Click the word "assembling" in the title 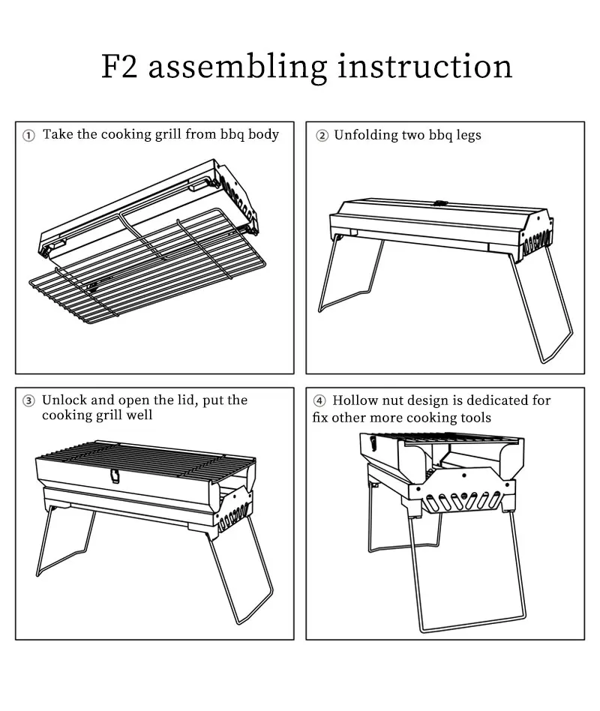[x=237, y=67]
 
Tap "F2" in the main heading [x=118, y=67]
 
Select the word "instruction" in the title [x=425, y=66]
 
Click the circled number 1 [x=28, y=136]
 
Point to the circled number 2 [x=322, y=136]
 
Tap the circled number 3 [x=28, y=400]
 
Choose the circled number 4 [x=319, y=400]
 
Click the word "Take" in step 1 [x=58, y=134]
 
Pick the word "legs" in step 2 [x=469, y=136]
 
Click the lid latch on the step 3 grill [x=115, y=476]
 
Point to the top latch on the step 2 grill [x=440, y=203]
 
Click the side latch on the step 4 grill [x=372, y=442]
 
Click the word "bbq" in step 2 [x=440, y=135]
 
